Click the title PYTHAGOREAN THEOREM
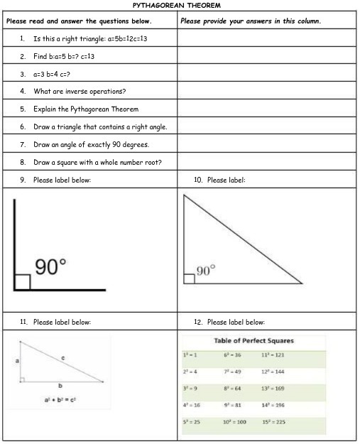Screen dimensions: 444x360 180,6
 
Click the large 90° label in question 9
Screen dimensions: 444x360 50,267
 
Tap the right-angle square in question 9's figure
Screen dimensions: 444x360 22,281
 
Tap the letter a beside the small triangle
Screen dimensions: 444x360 17,362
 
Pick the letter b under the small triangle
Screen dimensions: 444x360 58,386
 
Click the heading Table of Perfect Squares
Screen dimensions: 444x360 253,341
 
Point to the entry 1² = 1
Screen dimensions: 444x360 190,354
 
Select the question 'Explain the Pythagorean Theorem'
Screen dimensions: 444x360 85,109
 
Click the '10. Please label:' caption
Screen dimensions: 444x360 219,180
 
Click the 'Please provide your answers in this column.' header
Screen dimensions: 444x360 251,21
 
